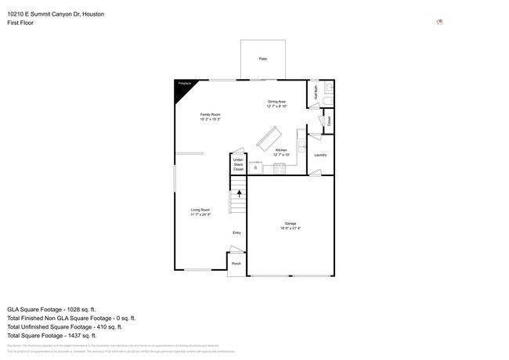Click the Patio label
pos(262,59)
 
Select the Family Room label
pos(210,117)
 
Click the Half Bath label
pos(316,92)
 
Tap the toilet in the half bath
pos(328,90)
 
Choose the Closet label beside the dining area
pos(329,121)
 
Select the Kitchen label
pos(280,152)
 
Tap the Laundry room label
pos(319,155)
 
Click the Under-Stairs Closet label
pos(238,164)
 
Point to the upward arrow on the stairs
pos(239,192)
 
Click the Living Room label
pos(200,211)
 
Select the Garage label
pos(290,225)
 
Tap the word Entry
pos(236,232)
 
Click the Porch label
pos(236,264)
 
